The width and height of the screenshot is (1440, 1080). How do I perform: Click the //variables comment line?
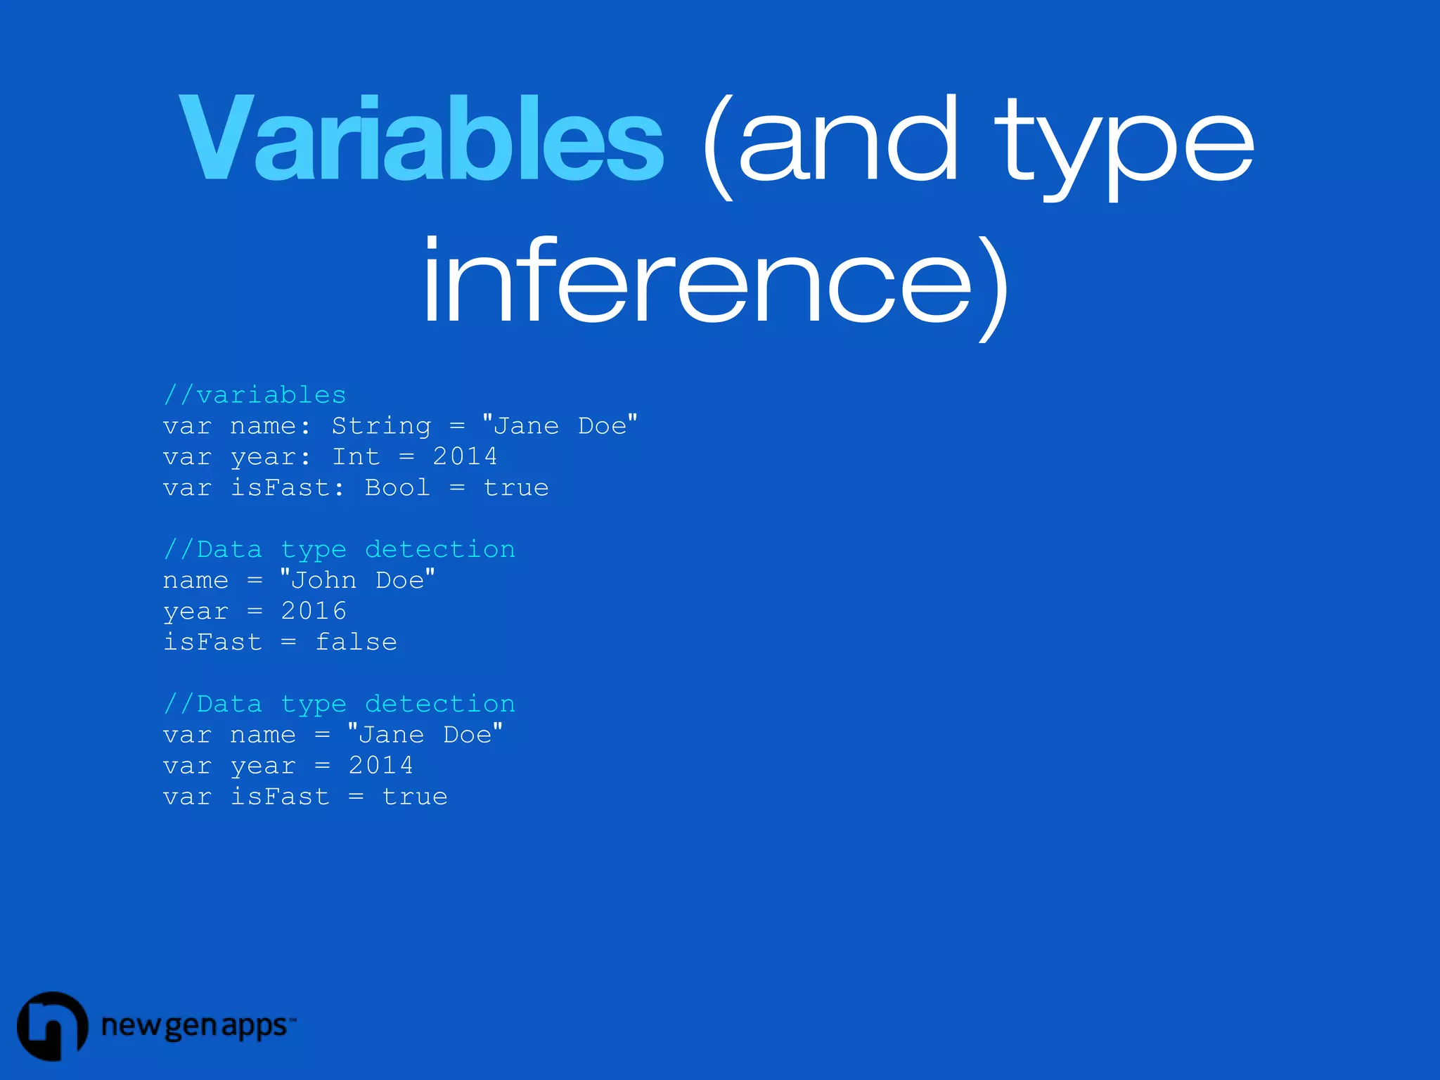255,395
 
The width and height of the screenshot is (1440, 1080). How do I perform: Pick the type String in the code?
381,426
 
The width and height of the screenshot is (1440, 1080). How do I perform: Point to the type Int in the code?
356,457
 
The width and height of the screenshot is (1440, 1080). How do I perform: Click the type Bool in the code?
397,488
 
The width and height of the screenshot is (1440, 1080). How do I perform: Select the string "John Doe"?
357,581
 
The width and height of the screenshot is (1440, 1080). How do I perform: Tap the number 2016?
314,611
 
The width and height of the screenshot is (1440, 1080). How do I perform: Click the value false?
356,642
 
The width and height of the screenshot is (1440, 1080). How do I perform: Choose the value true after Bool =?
516,488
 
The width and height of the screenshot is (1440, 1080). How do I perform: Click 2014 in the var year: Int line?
465,457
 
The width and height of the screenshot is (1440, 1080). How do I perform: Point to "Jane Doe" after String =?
560,426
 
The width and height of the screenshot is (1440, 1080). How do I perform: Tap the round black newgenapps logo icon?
52,1026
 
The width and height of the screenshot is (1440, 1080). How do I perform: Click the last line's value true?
415,797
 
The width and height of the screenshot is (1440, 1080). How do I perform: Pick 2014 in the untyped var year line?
381,766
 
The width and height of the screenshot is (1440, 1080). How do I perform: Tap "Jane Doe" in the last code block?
425,735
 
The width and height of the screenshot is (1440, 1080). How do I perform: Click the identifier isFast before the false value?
212,642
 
